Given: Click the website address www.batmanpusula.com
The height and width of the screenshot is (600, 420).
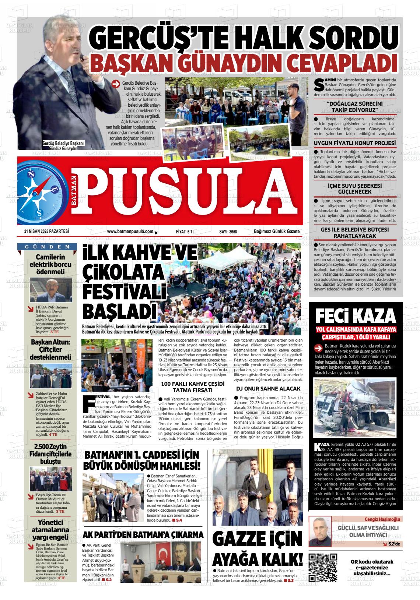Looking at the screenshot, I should [x=130, y=232].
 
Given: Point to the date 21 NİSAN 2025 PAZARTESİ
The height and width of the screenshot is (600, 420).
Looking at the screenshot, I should [x=46, y=232].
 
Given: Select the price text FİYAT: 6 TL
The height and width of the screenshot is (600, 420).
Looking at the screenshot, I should [x=185, y=232].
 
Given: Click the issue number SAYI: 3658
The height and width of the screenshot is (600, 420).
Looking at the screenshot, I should [x=228, y=232].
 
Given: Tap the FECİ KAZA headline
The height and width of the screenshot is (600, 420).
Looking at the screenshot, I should [x=355, y=315].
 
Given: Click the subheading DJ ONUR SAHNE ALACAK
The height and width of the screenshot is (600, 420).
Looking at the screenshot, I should [x=268, y=388].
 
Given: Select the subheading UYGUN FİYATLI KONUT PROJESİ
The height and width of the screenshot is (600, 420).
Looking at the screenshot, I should [x=355, y=143].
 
